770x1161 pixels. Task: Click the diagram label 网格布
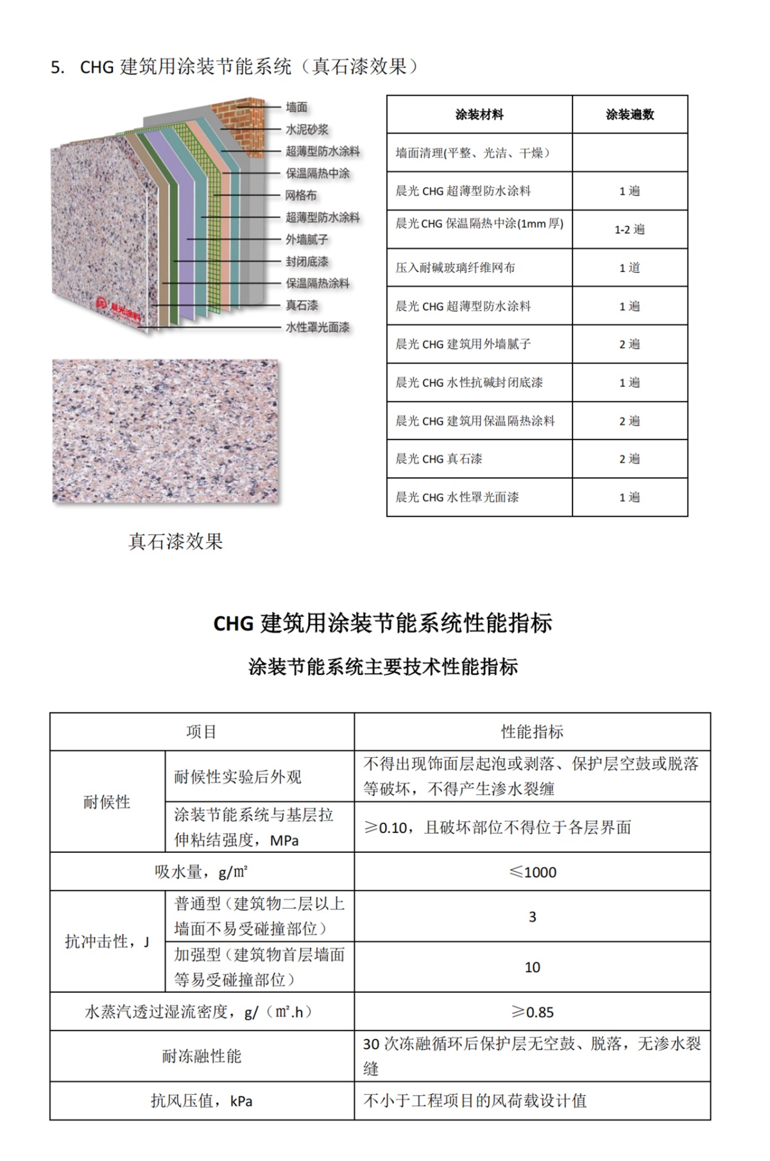[301, 195]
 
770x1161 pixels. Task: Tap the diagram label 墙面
[296, 107]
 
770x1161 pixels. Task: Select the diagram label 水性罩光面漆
[318, 327]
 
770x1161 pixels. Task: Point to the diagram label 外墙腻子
[307, 239]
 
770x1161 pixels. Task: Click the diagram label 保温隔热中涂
[318, 173]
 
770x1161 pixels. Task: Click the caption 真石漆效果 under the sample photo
[175, 542]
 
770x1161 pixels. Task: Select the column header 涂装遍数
[629, 115]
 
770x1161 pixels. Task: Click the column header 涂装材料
[479, 115]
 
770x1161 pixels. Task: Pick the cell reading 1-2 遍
[629, 229]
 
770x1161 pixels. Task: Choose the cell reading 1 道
[629, 268]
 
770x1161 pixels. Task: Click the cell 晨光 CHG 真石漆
[439, 459]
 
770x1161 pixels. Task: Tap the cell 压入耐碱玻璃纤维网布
[456, 268]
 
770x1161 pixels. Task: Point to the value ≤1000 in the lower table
[532, 872]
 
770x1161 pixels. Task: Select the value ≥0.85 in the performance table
[532, 1012]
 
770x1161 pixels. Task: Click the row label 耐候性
[107, 802]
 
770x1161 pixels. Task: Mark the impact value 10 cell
[532, 967]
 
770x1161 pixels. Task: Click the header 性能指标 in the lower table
[532, 732]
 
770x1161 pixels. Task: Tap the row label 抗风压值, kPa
[201, 1101]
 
